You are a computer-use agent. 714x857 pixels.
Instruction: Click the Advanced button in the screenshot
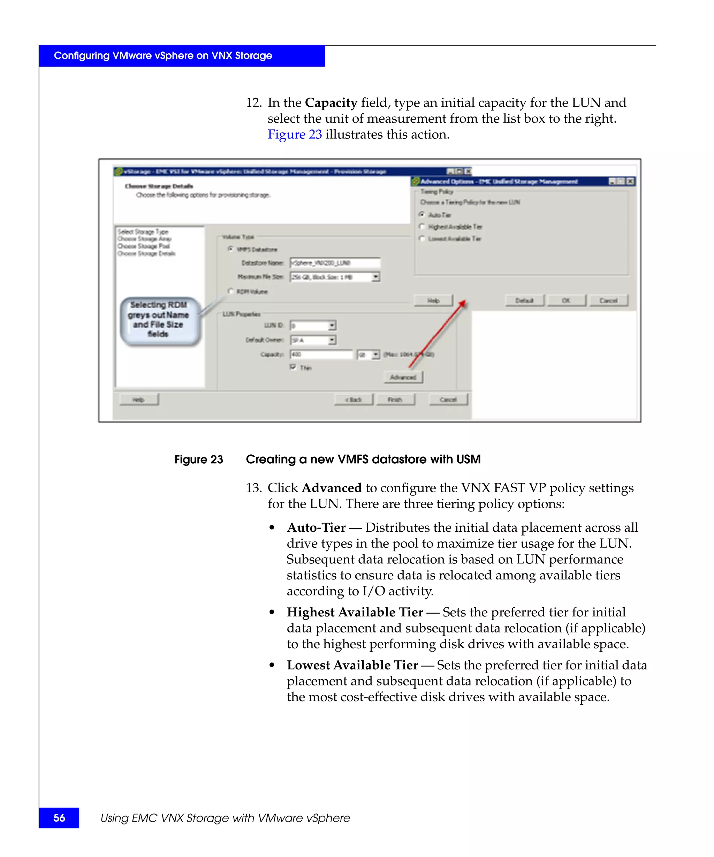pyautogui.click(x=403, y=377)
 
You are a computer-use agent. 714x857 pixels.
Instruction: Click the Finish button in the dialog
pyautogui.click(x=395, y=400)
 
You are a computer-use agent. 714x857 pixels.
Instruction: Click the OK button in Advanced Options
pyautogui.click(x=566, y=300)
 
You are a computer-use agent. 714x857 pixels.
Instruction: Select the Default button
pyautogui.click(x=524, y=300)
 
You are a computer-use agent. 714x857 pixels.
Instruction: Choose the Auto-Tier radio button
pyautogui.click(x=422, y=214)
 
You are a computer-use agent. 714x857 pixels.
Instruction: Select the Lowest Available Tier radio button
pyautogui.click(x=422, y=238)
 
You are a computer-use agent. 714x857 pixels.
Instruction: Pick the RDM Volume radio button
pyautogui.click(x=230, y=291)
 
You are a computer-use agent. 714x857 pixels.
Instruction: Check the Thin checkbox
pyautogui.click(x=293, y=367)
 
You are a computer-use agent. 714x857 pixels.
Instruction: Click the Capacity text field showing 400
pyautogui.click(x=321, y=354)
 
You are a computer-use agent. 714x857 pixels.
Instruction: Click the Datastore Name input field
pyautogui.click(x=335, y=263)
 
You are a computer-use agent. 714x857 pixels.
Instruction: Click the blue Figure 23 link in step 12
pyautogui.click(x=295, y=134)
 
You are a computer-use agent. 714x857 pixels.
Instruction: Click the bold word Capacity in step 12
pyautogui.click(x=331, y=103)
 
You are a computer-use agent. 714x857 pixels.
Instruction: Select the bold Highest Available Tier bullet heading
pyautogui.click(x=355, y=612)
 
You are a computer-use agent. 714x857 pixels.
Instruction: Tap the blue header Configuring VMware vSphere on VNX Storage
pyautogui.click(x=163, y=55)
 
